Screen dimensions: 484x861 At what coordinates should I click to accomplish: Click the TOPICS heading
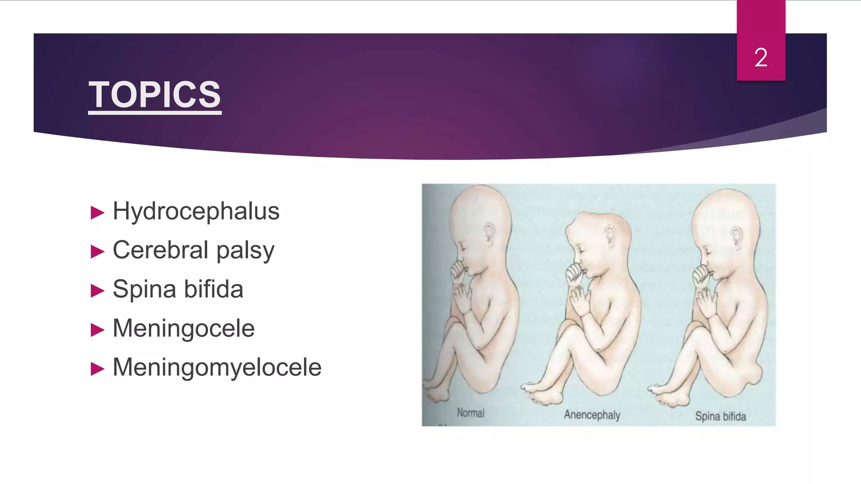click(155, 95)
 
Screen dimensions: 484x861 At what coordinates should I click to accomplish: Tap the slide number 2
click(761, 58)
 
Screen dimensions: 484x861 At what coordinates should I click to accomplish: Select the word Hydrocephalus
click(196, 211)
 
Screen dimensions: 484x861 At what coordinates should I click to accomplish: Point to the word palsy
click(245, 251)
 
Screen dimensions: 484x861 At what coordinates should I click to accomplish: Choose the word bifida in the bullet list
click(214, 289)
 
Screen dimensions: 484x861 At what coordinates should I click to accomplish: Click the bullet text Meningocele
click(184, 328)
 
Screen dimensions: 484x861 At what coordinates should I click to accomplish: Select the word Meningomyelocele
click(217, 367)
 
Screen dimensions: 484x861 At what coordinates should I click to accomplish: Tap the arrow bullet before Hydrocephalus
click(98, 213)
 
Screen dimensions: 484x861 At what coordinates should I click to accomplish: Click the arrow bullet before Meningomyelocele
click(98, 369)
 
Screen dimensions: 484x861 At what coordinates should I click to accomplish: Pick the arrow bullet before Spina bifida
click(98, 291)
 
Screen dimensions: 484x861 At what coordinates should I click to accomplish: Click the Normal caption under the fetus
click(470, 413)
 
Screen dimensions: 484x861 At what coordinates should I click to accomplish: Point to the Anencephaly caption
click(592, 415)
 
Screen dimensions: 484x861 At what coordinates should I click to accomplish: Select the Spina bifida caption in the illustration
click(720, 416)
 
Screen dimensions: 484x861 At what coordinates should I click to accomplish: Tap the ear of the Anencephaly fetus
click(610, 236)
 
